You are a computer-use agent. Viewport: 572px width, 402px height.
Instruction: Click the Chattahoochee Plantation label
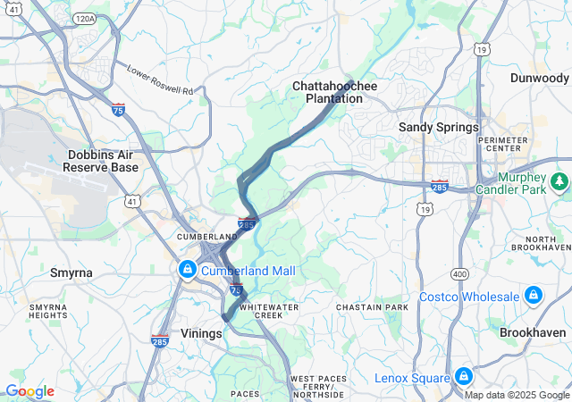[x=335, y=92]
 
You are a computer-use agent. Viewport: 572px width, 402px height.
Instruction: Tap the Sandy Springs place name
[x=438, y=128]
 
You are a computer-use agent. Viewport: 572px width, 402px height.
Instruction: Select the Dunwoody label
[x=539, y=78]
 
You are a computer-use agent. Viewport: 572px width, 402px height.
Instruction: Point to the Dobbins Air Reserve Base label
[x=103, y=161]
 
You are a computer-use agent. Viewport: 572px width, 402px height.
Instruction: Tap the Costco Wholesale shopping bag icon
[x=533, y=296]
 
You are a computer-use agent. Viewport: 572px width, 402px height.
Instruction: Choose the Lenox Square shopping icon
[x=463, y=377]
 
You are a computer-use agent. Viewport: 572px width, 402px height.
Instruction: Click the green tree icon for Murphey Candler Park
[x=559, y=182]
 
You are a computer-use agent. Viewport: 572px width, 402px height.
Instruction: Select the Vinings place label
[x=200, y=333]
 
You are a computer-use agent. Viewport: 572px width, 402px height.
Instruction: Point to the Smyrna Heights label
[x=48, y=310]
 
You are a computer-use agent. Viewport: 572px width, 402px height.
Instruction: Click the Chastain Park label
[x=372, y=307]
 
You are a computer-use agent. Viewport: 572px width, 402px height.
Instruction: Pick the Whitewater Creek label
[x=276, y=311]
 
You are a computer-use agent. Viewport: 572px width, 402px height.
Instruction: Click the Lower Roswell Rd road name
[x=160, y=80]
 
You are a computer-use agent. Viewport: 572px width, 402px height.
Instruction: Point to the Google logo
[x=29, y=391]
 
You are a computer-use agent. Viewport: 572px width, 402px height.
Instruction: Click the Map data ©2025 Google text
[x=516, y=395]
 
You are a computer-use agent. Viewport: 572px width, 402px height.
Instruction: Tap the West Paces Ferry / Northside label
[x=318, y=386]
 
